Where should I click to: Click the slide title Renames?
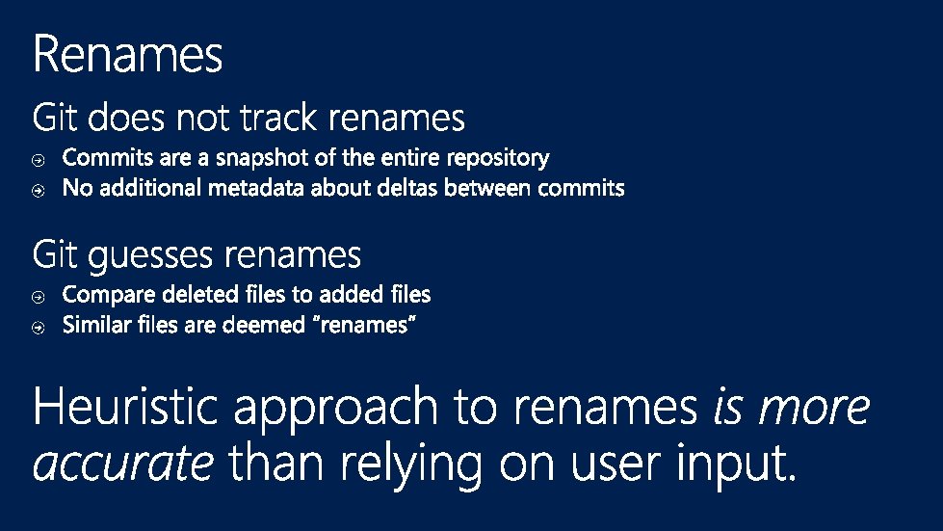(x=127, y=54)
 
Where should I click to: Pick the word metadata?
(x=261, y=189)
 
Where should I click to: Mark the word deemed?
(x=263, y=326)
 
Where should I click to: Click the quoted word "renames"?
(x=366, y=326)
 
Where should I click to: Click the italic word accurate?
(x=122, y=465)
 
